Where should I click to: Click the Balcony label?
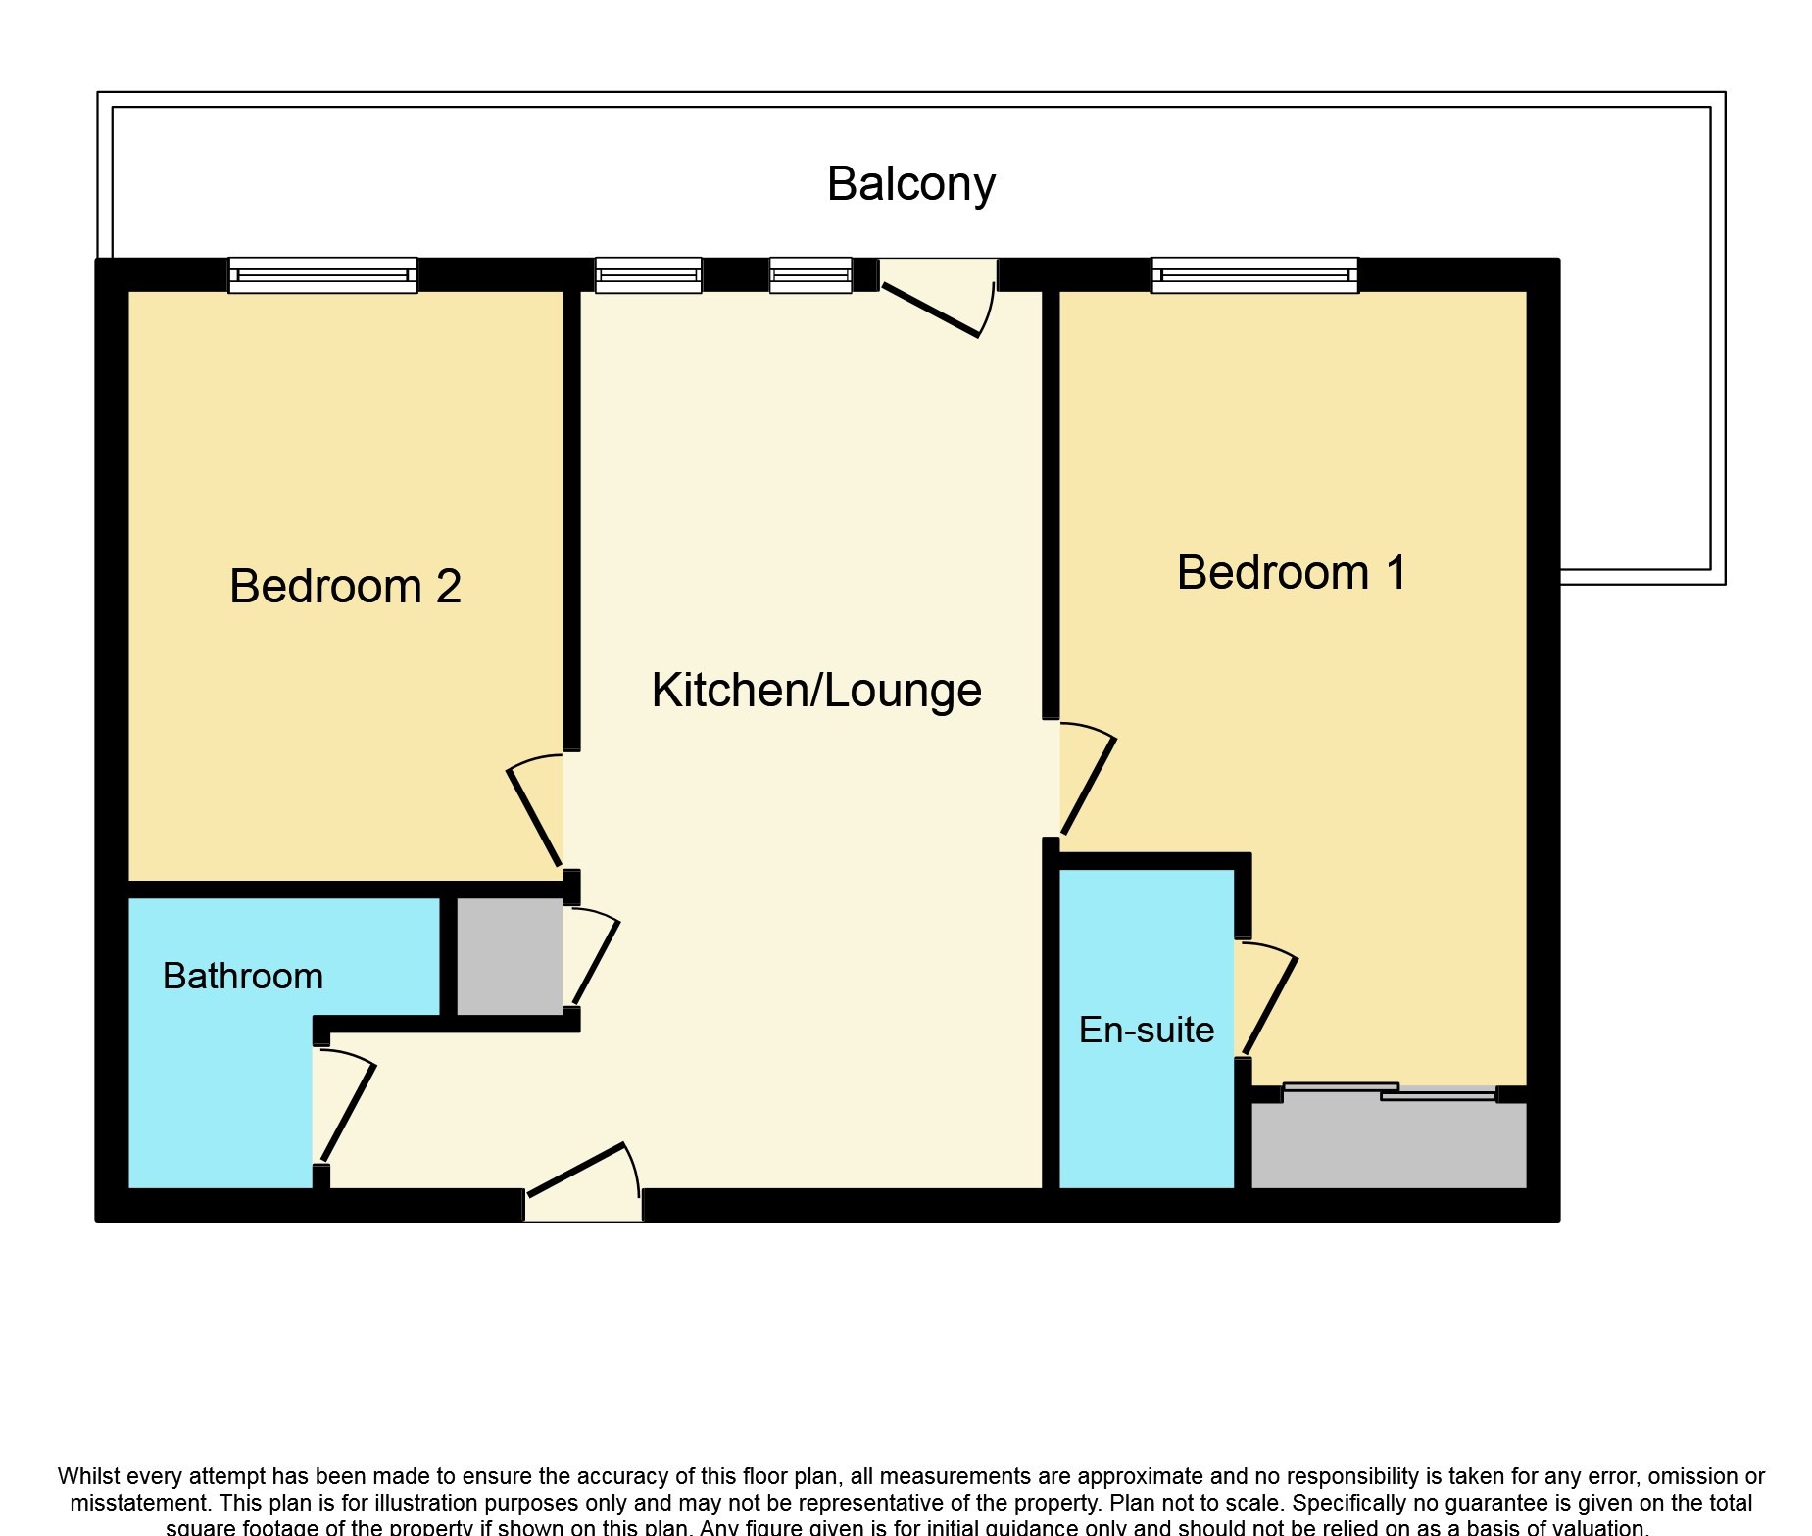coord(910,184)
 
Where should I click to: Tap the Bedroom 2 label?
coord(345,586)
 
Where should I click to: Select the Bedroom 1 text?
coord(1291,572)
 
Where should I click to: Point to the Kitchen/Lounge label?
coord(815,690)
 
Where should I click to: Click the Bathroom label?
coord(242,976)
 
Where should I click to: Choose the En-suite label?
coord(1146,1030)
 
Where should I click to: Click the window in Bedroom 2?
coord(322,275)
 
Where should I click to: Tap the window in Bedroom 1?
coord(1253,275)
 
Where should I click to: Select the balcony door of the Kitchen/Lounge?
coord(936,304)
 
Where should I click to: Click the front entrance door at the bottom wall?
coord(583,1176)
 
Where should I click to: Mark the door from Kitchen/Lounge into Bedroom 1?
coord(1089,784)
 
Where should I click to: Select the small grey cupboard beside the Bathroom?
coord(509,956)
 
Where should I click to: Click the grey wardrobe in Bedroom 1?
coord(1388,1145)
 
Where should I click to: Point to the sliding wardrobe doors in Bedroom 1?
coord(1389,1091)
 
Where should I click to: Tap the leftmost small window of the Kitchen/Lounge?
coord(648,275)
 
